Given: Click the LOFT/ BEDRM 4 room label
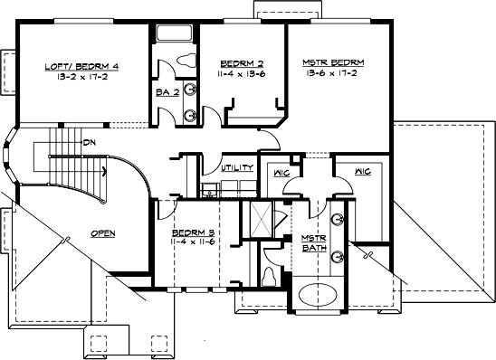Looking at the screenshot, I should [x=81, y=66].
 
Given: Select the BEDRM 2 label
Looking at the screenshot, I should [x=240, y=63].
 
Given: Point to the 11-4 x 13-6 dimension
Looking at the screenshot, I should [x=240, y=74].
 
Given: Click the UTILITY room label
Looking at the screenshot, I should [x=236, y=167].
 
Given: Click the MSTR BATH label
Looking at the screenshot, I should [x=313, y=242].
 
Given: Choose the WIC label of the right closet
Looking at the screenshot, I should [x=363, y=170].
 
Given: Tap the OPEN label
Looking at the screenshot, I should [x=102, y=232].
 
